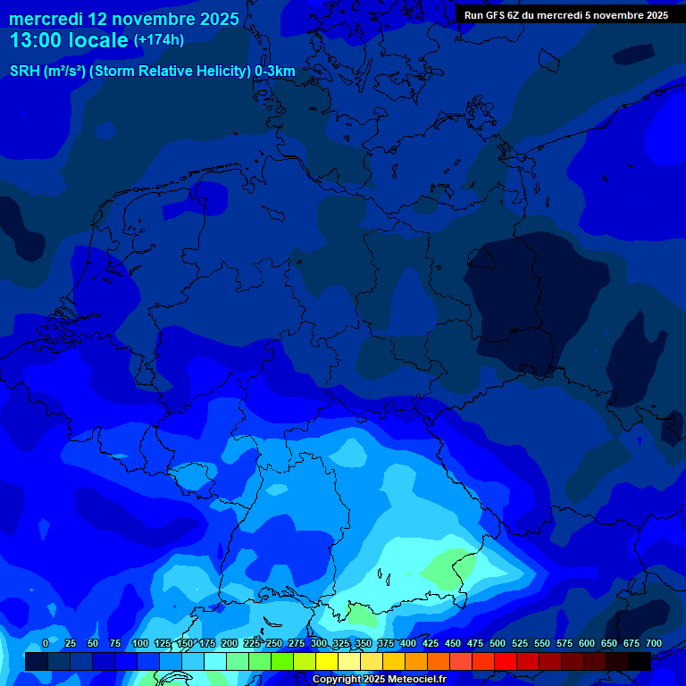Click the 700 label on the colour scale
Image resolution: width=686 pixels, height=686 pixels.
click(654, 644)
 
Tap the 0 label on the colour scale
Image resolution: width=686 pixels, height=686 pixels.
click(46, 644)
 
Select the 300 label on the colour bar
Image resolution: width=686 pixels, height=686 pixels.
click(319, 644)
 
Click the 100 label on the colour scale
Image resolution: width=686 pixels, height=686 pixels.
click(140, 644)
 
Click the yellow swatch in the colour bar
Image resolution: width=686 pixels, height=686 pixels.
click(327, 662)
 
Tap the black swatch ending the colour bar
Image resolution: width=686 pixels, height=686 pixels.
click(640, 662)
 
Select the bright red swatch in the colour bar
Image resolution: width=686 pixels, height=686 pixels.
click(506, 662)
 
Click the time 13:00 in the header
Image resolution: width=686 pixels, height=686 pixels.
click(37, 39)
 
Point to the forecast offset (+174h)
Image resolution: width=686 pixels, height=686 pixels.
click(159, 39)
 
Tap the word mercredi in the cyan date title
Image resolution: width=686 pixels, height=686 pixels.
click(46, 18)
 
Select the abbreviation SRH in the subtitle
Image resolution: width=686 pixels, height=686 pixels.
click(24, 71)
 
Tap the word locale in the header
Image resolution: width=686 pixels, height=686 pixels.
click(98, 39)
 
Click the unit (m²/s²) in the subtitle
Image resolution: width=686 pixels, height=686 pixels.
click(63, 71)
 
